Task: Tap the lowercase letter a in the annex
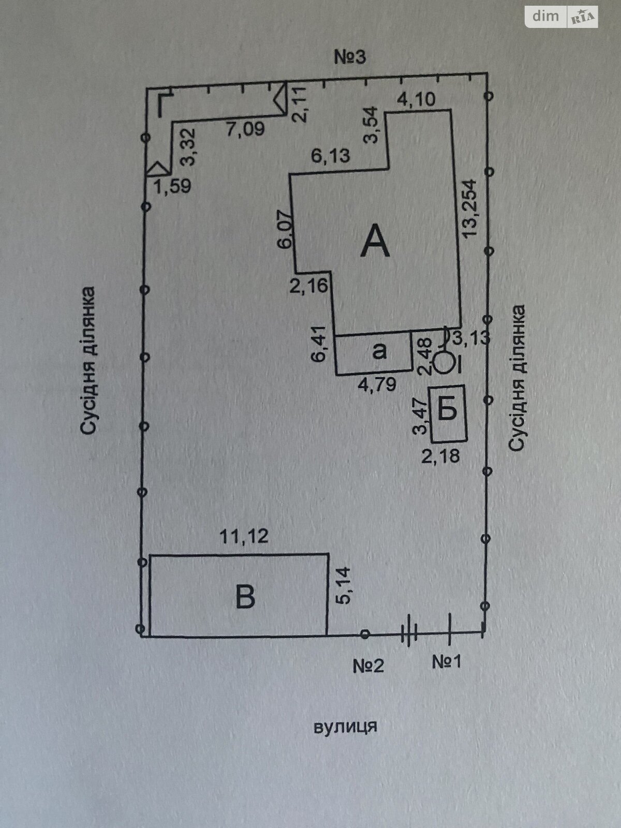[379, 351]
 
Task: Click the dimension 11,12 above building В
[245, 536]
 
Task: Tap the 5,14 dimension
[344, 585]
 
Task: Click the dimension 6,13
[330, 155]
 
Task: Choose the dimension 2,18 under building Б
[441, 456]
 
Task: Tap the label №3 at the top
[349, 56]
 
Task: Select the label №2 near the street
[368, 665]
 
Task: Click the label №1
[447, 661]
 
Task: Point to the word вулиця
[345, 726]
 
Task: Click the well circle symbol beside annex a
[443, 362]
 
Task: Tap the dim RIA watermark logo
[563, 17]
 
